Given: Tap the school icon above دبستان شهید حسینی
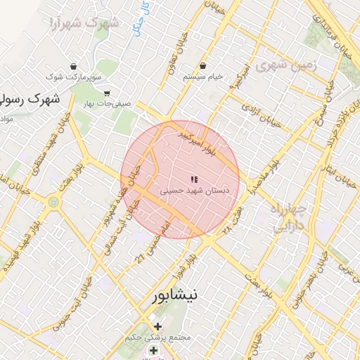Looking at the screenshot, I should [194, 180].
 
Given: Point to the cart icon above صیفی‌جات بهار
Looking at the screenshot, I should [107, 93].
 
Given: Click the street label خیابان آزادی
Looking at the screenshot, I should [261, 115].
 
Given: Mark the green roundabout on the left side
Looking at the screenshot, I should [53, 202].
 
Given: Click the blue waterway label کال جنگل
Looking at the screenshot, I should [145, 17].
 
